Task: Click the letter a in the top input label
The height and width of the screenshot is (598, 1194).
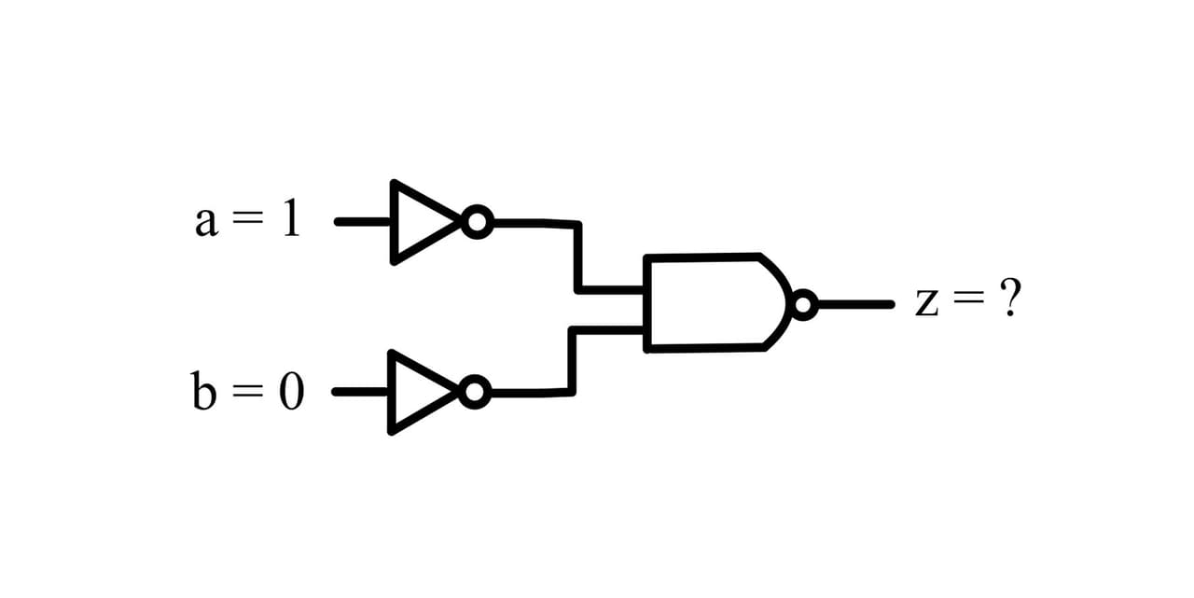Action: click(x=207, y=222)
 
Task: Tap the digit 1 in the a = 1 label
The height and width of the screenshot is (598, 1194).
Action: click(x=291, y=217)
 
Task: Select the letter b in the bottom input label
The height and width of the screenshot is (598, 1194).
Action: click(x=203, y=391)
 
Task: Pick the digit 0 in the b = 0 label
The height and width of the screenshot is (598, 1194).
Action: click(x=292, y=391)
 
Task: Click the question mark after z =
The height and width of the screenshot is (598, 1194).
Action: click(x=1010, y=297)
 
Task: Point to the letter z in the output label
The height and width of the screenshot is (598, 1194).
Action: click(x=926, y=303)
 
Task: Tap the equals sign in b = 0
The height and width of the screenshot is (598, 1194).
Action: click(x=247, y=391)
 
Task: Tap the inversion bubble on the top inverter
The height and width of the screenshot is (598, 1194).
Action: click(x=477, y=222)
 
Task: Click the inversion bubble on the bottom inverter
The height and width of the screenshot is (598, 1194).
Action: click(x=475, y=392)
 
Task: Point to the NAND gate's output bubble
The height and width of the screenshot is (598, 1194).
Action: click(x=804, y=305)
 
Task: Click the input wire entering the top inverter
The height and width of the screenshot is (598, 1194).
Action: click(x=363, y=222)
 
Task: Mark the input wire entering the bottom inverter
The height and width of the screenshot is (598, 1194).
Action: click(x=361, y=392)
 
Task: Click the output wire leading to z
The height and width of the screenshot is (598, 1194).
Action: click(x=856, y=305)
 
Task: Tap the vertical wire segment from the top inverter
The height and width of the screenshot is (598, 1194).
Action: click(x=577, y=257)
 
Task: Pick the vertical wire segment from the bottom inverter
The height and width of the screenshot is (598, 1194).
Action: click(x=573, y=361)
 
